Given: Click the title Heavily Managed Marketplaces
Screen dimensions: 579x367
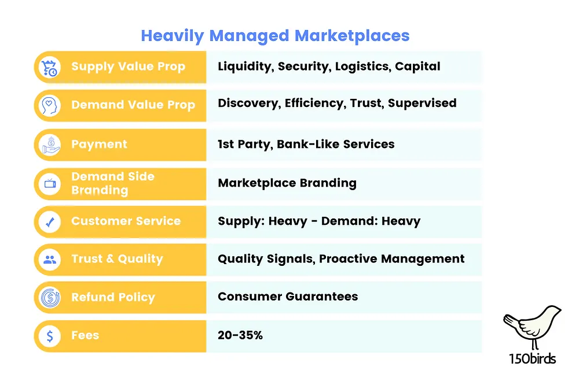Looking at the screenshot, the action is [x=275, y=36].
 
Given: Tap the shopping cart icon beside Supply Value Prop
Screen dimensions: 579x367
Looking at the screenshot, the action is [x=49, y=68].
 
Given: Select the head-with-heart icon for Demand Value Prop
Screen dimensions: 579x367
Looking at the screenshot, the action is [x=49, y=106].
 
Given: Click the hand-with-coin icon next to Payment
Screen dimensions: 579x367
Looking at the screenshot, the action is [x=51, y=145].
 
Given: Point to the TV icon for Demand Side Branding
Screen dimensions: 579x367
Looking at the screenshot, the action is [x=50, y=183].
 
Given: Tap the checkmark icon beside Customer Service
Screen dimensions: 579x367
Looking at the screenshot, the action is [x=50, y=222].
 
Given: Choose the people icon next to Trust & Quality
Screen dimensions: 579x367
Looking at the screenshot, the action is [x=50, y=260].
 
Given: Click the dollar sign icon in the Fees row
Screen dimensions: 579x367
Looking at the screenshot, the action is [x=50, y=336].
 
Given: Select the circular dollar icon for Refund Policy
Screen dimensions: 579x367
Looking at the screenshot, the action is [x=50, y=298].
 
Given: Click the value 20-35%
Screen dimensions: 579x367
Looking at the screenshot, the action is [x=240, y=335].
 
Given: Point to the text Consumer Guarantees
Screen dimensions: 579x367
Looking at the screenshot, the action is [x=288, y=296].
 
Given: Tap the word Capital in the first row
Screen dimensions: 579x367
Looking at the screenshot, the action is [x=417, y=66].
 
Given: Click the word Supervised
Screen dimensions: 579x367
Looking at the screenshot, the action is [x=422, y=103].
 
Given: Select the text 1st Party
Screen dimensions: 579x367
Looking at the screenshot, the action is [x=244, y=144].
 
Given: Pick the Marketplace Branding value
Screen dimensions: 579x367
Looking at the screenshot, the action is [x=287, y=183].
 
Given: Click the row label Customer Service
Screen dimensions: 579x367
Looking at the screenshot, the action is [x=126, y=221].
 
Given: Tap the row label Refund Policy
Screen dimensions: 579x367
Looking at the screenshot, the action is [x=113, y=297].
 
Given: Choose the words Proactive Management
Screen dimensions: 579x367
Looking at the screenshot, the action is [x=391, y=259].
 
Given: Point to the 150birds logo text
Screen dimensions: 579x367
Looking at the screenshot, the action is [x=532, y=358].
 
